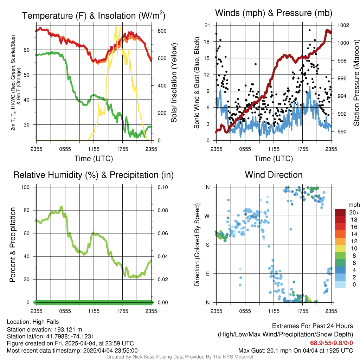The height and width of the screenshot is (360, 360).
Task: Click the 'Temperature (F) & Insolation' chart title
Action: pyautogui.click(x=94, y=15)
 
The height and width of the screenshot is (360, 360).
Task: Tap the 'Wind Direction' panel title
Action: pyautogui.click(x=274, y=175)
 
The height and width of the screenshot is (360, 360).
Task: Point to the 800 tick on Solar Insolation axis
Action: pyautogui.click(x=162, y=31)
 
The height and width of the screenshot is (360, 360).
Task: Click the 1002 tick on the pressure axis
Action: pyautogui.click(x=343, y=25)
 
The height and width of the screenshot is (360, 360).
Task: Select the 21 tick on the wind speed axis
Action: pyautogui.click(x=207, y=25)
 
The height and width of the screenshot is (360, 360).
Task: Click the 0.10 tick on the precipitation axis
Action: pyautogui.click(x=162, y=187)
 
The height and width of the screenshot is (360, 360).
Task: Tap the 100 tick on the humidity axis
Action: pyautogui.click(x=25, y=187)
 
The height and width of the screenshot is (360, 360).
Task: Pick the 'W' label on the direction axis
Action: pyautogui.click(x=207, y=216)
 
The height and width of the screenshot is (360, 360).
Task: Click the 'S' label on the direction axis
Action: pyautogui.click(x=207, y=245)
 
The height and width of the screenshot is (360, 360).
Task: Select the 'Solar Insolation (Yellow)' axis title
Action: pyautogui.click(x=174, y=83)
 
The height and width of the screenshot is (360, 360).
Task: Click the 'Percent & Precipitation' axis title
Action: pyautogui.click(x=13, y=245)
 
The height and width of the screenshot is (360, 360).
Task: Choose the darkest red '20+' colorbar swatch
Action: pyautogui.click(x=340, y=212)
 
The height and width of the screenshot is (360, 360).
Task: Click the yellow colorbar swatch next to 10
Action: pyautogui.click(x=340, y=249)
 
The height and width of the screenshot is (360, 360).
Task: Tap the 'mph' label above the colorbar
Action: pyautogui.click(x=354, y=205)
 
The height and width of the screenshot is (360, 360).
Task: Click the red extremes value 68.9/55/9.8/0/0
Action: pyautogui.click(x=332, y=343)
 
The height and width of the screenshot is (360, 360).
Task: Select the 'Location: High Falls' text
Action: pyautogui.click(x=33, y=322)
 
